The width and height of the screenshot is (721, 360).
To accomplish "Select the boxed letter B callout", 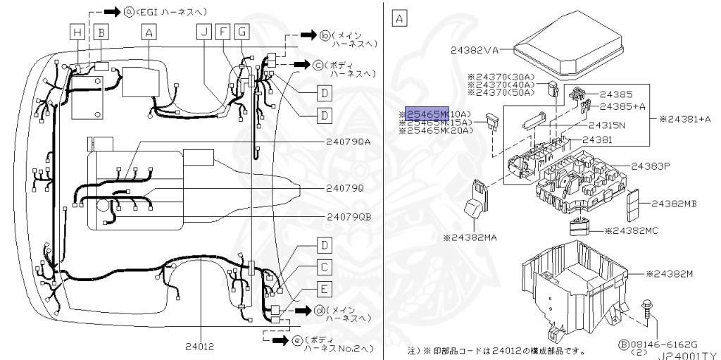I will click(x=101, y=31).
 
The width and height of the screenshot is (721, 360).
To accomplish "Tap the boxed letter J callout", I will click(x=203, y=31).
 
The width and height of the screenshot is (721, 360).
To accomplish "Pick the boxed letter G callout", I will click(x=242, y=31).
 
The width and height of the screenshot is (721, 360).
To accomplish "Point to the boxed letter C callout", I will click(x=324, y=267).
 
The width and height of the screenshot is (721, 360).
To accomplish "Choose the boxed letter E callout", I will click(x=324, y=288).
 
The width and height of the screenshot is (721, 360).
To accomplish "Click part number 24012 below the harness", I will click(x=202, y=347).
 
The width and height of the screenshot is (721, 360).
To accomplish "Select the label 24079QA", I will click(x=349, y=141).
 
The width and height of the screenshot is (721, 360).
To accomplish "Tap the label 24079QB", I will click(x=349, y=216).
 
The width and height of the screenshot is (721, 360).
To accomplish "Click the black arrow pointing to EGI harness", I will click(x=112, y=12).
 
